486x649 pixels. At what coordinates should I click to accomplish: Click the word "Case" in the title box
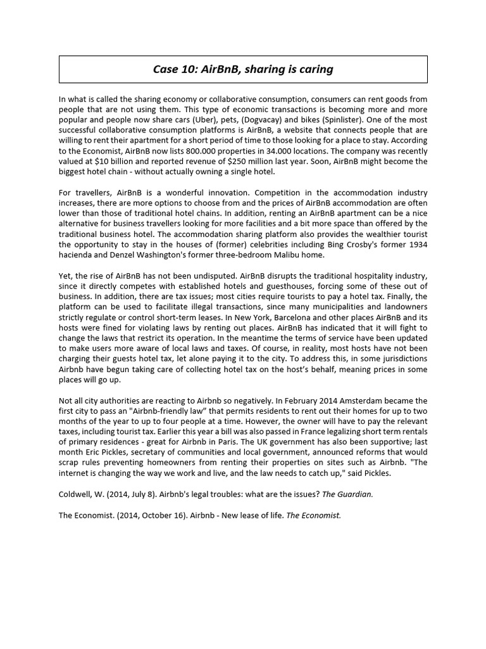click(x=166, y=69)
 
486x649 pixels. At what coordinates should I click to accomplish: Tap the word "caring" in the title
click(x=316, y=69)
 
